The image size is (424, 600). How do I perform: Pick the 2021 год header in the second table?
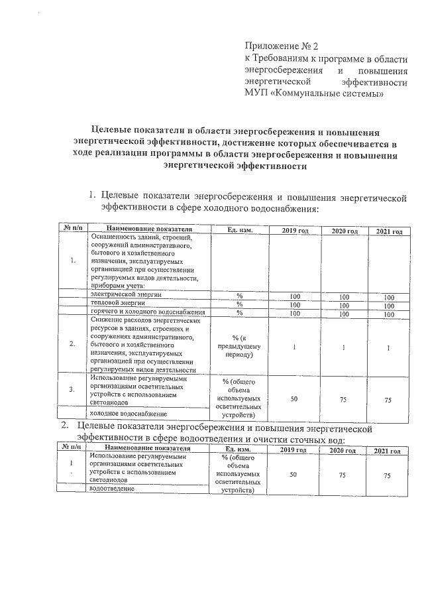pos(387,451)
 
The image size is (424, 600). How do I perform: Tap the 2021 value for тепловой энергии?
pos(389,305)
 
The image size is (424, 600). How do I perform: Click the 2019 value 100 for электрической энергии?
pos(295,296)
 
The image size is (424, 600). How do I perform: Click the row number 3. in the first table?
pos(72,389)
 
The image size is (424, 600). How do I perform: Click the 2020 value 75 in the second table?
pos(343,475)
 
